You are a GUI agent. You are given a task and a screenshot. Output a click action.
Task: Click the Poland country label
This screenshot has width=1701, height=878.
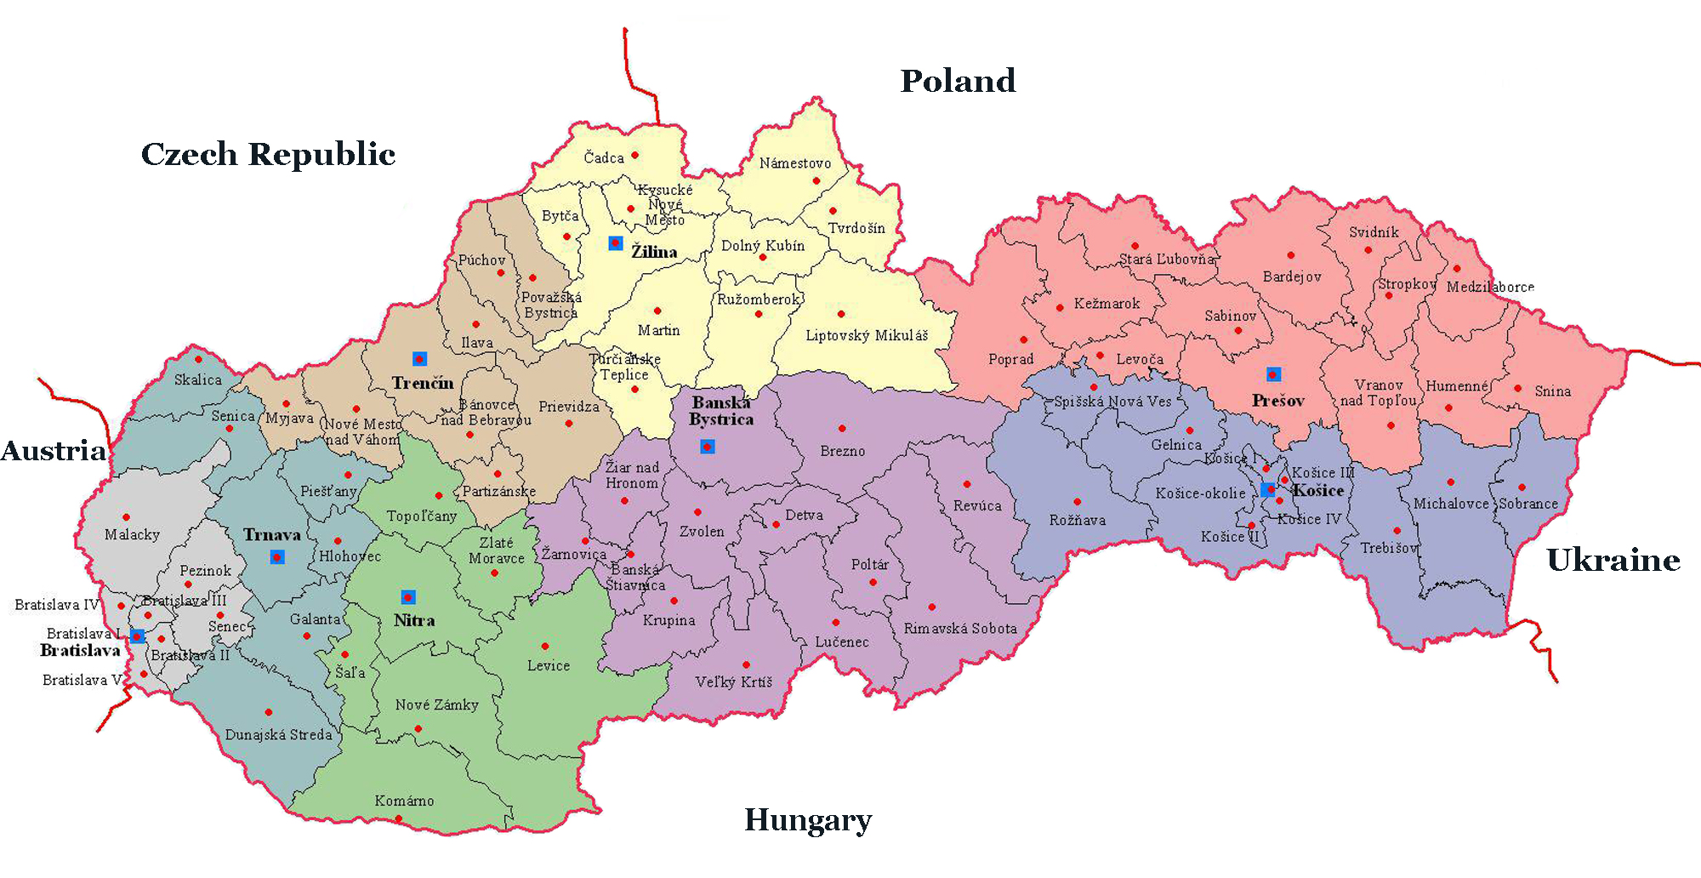[x=958, y=81]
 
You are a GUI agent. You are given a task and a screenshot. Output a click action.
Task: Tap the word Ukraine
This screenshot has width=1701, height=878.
[x=1613, y=560]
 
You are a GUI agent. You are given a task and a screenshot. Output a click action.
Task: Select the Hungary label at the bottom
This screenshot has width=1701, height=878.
[x=808, y=820]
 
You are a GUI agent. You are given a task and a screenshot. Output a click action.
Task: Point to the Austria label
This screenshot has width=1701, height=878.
[x=54, y=451]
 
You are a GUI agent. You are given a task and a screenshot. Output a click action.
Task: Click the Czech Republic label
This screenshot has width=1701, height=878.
[x=268, y=154]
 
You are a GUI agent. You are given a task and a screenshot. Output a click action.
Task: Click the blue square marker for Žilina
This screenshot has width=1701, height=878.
[x=616, y=243]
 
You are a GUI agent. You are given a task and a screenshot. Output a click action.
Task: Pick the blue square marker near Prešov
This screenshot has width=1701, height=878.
[x=1273, y=374]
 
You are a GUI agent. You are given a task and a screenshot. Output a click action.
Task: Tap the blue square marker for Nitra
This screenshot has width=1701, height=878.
[x=408, y=596]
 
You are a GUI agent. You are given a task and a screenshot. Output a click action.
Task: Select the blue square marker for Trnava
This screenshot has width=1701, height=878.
[x=277, y=556]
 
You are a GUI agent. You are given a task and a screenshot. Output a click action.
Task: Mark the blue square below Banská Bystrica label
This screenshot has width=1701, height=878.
[x=707, y=447]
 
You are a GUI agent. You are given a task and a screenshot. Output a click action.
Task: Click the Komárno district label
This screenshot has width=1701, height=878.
[x=404, y=801]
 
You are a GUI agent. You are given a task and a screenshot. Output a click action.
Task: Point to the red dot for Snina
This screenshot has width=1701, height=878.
[x=1517, y=389]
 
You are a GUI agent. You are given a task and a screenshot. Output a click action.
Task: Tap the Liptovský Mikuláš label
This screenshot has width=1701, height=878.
[x=867, y=335]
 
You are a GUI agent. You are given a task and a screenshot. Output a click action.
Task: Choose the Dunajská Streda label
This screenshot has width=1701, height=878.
[x=278, y=735]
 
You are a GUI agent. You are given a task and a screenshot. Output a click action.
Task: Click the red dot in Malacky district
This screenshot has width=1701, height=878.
[x=126, y=516]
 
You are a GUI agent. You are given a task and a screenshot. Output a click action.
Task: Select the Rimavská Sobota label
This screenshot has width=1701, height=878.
[x=959, y=629]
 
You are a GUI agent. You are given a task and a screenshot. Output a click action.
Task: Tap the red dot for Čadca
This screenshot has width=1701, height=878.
[x=634, y=155]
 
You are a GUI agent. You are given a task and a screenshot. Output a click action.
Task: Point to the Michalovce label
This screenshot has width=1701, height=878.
[x=1450, y=504]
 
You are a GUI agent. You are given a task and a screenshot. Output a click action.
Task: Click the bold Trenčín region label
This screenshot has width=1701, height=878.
[x=423, y=383]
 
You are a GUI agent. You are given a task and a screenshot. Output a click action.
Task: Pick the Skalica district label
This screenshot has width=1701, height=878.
[x=197, y=379]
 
